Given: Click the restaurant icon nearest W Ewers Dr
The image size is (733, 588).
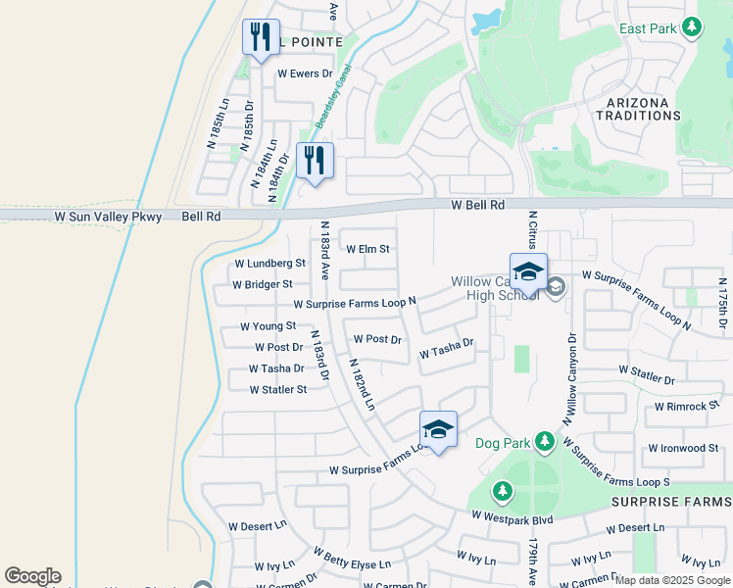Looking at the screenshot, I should (x=261, y=38).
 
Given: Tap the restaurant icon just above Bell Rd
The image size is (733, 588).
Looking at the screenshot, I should (x=315, y=161).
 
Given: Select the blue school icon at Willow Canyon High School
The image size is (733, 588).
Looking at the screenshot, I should (x=528, y=271).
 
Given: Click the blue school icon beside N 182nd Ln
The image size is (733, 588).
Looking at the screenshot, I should (x=438, y=429).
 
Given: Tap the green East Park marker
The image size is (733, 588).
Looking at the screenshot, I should (x=693, y=27).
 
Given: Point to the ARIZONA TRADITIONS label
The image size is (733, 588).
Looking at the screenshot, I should (x=638, y=109).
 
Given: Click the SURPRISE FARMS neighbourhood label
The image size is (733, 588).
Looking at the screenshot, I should (x=670, y=502).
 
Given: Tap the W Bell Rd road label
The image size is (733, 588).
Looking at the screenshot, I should (x=477, y=205).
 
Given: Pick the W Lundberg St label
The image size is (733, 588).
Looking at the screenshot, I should (x=270, y=264).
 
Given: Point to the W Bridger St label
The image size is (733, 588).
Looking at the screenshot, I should (x=263, y=284).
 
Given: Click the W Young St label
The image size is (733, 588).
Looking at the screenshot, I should (x=269, y=326).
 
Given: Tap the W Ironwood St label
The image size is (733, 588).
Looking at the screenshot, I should (x=684, y=448).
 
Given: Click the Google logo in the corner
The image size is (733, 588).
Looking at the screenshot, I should (x=32, y=576).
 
